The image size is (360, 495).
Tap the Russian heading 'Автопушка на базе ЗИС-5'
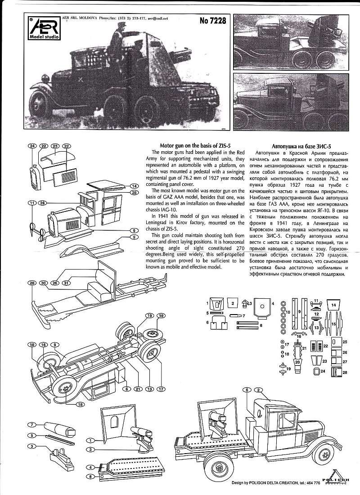302,146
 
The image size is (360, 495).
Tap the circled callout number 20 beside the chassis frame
31,283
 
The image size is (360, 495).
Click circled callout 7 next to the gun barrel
31,425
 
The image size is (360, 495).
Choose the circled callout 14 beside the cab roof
134,186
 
